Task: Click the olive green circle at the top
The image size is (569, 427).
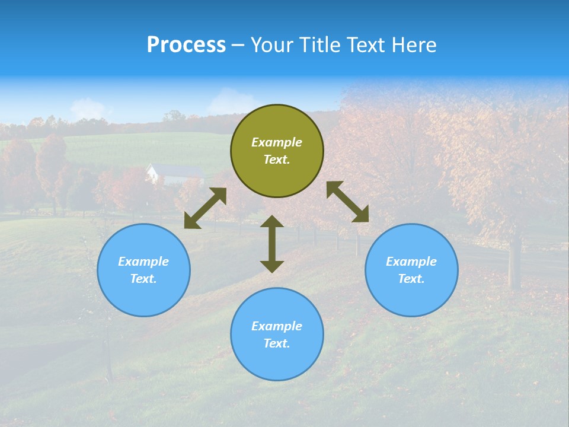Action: coord(277,151)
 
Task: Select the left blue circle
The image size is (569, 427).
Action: coord(143,270)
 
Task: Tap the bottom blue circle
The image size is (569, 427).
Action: coord(277,334)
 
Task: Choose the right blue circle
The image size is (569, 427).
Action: coord(411,270)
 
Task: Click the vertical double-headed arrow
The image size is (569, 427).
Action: coord(272,244)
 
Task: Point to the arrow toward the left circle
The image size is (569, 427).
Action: coord(205,208)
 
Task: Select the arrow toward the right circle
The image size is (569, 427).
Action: coord(347,202)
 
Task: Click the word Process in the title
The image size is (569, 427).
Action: coord(186,45)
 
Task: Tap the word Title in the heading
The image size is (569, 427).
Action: coord(321,45)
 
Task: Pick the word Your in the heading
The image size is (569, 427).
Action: coord(273,45)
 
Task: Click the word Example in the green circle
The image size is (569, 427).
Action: coord(277,142)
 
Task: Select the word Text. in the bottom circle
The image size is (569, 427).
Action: coord(277,343)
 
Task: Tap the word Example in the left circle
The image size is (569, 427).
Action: coord(143,262)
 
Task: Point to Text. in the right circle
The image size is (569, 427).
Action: coord(411,279)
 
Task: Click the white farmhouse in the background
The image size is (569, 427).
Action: coord(175,174)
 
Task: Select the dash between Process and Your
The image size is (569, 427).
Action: coord(238,45)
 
